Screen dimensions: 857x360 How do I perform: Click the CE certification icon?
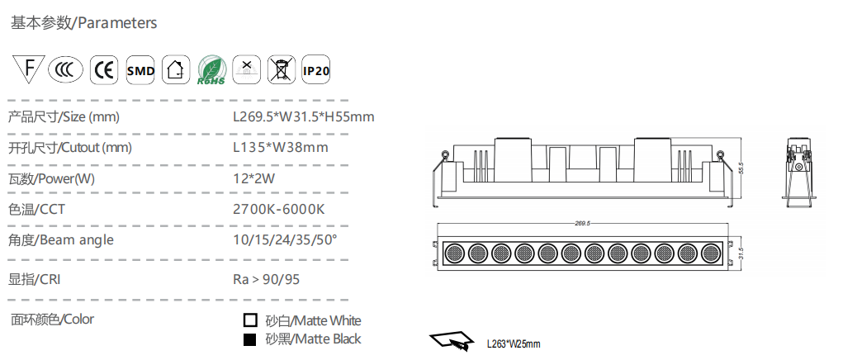point(104,70)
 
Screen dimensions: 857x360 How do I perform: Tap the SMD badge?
point(140,70)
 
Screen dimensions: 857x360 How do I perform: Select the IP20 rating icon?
point(316,70)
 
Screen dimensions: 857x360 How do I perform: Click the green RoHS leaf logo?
point(211,70)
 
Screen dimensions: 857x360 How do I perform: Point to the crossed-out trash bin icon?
point(282,70)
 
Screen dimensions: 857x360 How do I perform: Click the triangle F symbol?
point(29,69)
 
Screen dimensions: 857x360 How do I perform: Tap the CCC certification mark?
point(65,70)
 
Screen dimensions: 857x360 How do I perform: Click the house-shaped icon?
point(176,70)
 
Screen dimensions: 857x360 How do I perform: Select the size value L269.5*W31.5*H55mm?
point(303,116)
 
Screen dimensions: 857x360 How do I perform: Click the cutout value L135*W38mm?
point(281,147)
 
